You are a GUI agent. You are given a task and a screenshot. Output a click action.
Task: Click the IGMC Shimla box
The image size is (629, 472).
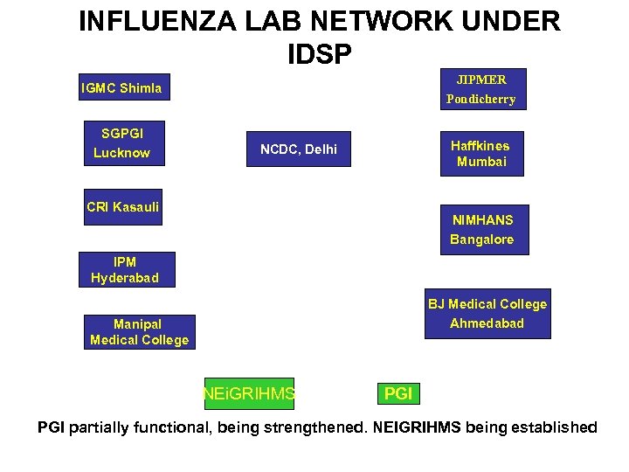pos(121,88)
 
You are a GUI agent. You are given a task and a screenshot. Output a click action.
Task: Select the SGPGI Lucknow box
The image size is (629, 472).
pos(121,142)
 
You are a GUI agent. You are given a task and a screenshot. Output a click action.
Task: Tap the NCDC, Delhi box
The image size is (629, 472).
pos(299,149)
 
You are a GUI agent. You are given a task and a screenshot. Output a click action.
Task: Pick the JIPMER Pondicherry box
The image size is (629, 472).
pos(480,88)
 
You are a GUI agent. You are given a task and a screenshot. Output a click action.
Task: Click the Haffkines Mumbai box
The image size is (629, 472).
pos(481,154)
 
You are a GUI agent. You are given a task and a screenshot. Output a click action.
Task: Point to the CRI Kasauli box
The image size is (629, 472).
pos(122,207)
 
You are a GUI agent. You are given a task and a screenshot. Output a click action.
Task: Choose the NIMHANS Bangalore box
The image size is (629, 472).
pos(482,230)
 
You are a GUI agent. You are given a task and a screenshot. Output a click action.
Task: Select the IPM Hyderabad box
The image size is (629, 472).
pos(126,269)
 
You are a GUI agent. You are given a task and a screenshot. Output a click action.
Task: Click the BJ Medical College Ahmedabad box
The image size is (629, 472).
pos(487,314)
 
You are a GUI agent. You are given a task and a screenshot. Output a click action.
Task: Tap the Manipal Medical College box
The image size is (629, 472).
pos(139,332)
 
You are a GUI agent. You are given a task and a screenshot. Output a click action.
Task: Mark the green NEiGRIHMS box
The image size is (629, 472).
pos(248,394)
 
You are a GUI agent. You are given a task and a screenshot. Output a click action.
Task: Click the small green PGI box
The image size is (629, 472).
pos(398,394)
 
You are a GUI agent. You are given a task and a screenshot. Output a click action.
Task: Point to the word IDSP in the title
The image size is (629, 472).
pos(319,54)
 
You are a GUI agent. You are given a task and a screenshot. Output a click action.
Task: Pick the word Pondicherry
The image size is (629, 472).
pos(480,99)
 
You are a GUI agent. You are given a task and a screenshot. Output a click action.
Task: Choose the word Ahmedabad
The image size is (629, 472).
pos(487,323)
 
